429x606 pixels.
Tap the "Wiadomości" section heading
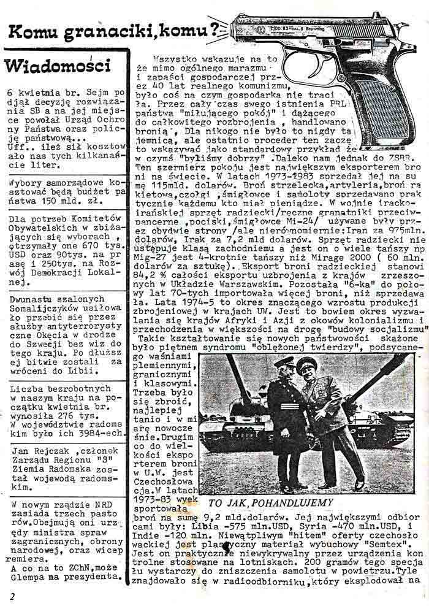(x=57, y=64)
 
